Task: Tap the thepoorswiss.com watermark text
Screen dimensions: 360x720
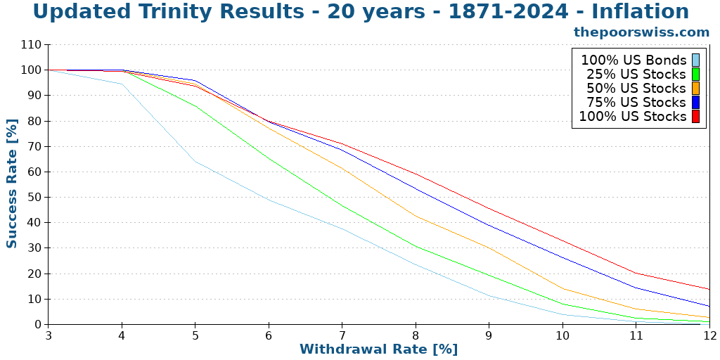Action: point(641,32)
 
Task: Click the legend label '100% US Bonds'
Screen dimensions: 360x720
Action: point(633,60)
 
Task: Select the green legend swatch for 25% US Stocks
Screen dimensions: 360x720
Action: point(695,74)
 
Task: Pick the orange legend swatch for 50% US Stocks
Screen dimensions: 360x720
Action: point(695,88)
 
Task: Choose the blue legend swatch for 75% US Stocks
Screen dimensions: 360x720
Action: point(695,102)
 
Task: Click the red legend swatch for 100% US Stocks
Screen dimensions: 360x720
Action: point(695,116)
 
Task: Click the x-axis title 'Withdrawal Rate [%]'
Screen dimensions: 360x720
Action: point(378,349)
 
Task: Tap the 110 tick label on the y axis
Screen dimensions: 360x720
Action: point(32,44)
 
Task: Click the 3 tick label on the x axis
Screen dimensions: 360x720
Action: point(49,336)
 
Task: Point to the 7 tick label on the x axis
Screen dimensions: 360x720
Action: point(342,336)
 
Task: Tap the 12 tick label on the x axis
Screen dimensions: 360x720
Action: point(709,336)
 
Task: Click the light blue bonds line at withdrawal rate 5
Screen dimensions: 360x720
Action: point(195,162)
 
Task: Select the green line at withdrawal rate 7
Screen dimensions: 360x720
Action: point(342,205)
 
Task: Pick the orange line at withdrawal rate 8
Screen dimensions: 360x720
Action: point(416,216)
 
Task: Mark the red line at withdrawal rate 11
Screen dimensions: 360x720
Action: point(636,273)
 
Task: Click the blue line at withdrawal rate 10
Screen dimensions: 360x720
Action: point(562,257)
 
